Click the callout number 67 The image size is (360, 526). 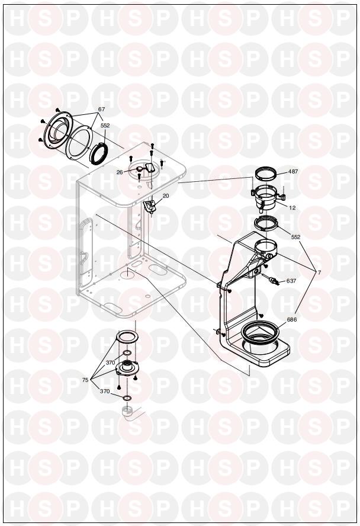[102, 110]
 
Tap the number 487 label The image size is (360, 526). [292, 171]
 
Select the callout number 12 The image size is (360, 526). [292, 208]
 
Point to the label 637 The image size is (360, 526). [291, 281]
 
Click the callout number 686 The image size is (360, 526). [291, 320]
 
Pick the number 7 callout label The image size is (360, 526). [319, 272]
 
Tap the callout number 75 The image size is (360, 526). [85, 380]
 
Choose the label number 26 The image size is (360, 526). [120, 172]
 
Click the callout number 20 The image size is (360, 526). [166, 195]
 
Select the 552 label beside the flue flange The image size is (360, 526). [105, 126]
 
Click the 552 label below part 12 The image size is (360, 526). [295, 237]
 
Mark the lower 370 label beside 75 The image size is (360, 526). [105, 391]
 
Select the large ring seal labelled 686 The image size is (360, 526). [260, 332]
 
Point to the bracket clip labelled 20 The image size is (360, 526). [149, 207]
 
